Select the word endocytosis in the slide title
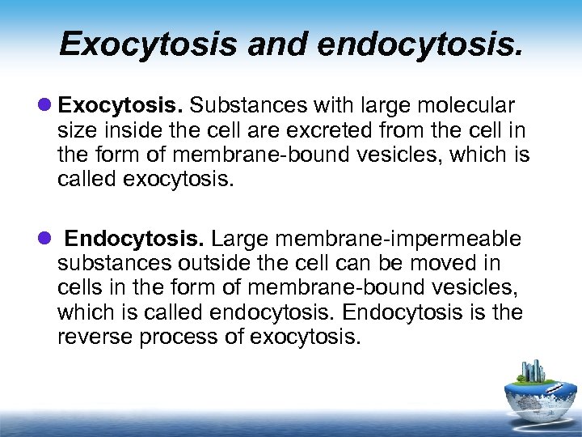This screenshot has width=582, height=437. click(x=420, y=44)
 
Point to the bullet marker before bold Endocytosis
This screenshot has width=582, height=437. click(x=44, y=240)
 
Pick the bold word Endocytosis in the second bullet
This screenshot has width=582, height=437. click(x=137, y=240)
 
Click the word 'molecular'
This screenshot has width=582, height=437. click(x=472, y=106)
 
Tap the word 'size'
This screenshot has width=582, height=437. click(x=75, y=130)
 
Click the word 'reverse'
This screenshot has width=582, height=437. click(x=95, y=337)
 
